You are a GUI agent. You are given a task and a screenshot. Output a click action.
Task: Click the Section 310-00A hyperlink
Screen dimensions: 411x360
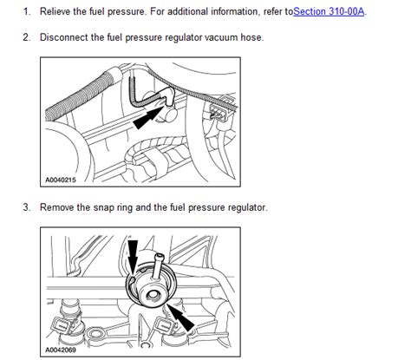tap(329, 11)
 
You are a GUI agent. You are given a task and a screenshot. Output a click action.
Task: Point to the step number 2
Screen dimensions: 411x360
tap(27, 37)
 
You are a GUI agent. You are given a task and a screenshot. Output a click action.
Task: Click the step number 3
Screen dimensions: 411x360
tap(27, 207)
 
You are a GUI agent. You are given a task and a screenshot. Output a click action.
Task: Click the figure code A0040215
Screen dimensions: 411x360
tap(61, 180)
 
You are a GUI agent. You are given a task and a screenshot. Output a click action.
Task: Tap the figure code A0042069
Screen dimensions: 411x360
tap(61, 350)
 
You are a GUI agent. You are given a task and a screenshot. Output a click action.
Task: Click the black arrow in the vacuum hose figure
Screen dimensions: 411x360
tap(147, 118)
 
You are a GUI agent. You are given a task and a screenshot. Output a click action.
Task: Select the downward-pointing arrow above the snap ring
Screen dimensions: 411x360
tap(133, 256)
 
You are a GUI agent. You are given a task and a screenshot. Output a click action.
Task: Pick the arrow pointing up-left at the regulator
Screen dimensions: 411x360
tap(181, 317)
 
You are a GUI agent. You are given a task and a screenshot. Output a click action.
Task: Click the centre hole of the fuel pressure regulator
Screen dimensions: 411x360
tap(152, 296)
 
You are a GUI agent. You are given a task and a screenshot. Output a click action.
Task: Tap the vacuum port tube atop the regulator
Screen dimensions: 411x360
tap(158, 265)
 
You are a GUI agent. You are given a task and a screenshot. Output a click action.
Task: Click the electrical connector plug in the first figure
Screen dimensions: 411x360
tap(217, 112)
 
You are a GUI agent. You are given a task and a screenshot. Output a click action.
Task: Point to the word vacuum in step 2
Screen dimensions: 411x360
tap(221, 37)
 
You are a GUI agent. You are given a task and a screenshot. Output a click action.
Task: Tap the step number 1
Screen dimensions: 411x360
tap(27, 11)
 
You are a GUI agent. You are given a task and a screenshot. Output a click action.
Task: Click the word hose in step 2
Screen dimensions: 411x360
tap(252, 37)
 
